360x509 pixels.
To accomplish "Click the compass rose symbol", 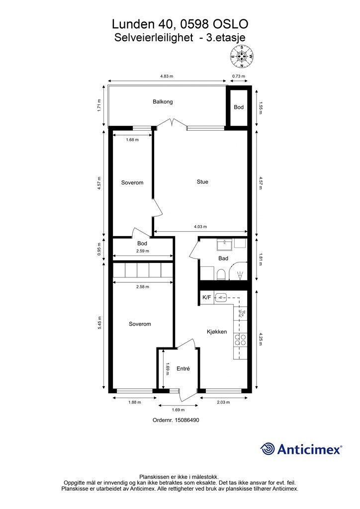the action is (x=242, y=56).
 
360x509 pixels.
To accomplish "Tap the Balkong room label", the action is (x=163, y=101).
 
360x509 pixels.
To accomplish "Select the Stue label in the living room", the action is (x=202, y=182).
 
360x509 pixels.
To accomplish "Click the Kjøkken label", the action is (x=217, y=332).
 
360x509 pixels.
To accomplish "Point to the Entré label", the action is (x=183, y=369).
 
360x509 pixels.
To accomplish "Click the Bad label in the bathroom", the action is (x=223, y=258).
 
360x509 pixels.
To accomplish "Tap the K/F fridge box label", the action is (x=207, y=297).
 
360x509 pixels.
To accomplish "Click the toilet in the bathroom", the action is (x=221, y=274).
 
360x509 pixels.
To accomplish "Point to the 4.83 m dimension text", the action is (x=167, y=76).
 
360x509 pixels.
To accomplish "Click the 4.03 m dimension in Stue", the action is (x=200, y=227).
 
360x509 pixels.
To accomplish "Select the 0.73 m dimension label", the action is (x=238, y=76).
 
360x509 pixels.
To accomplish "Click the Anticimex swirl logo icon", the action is (x=267, y=449).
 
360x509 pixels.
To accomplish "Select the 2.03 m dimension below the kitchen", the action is (x=223, y=402).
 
